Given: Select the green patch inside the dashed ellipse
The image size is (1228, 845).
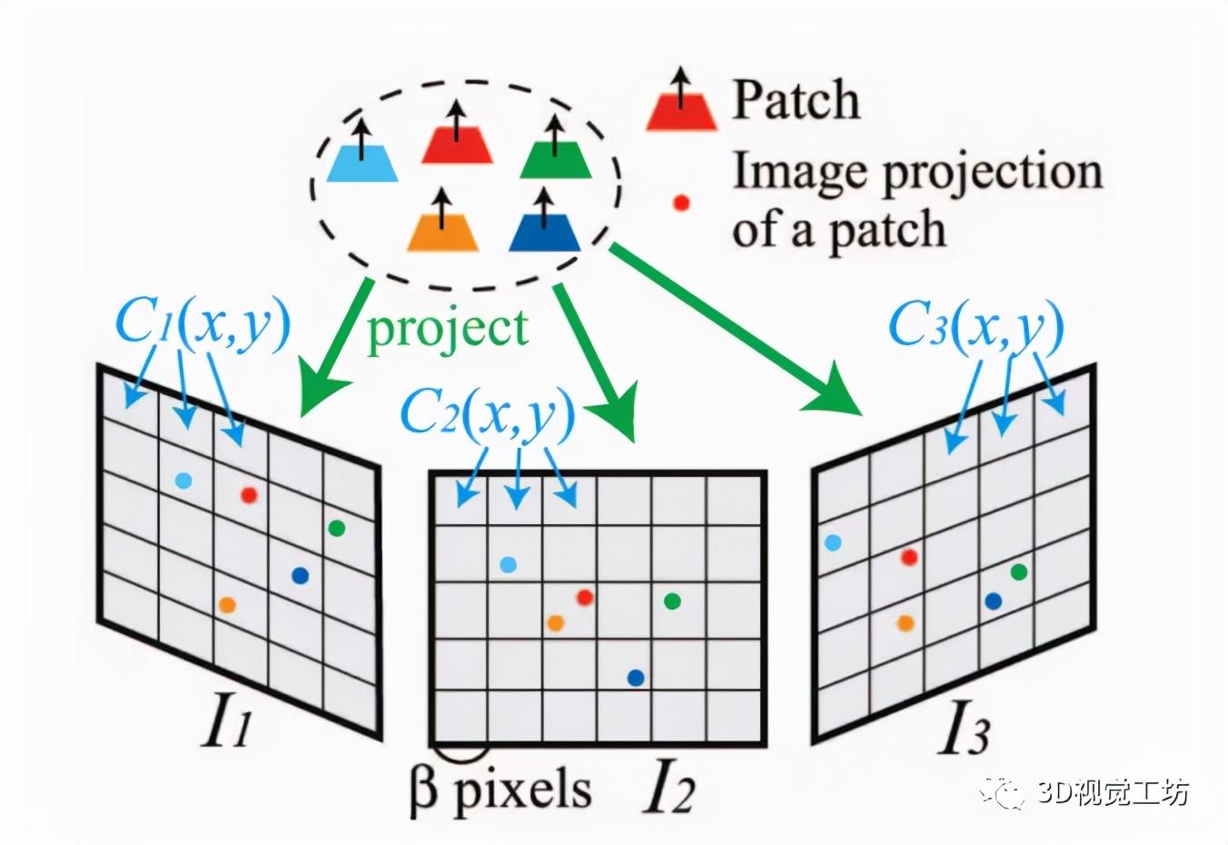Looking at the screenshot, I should click(556, 159).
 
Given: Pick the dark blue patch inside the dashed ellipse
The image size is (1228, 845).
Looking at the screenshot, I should click(544, 232).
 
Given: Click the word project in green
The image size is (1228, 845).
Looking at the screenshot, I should click(447, 326).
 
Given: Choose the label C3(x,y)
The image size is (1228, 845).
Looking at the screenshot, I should click(975, 324).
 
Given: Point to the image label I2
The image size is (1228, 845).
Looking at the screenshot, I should click(668, 791).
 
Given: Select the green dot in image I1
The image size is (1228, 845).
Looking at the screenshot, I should click(336, 528).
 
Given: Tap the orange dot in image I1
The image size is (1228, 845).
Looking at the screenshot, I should click(227, 604).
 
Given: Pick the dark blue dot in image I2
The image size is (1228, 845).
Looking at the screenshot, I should click(636, 677).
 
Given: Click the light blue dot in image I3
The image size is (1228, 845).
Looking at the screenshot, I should click(832, 543).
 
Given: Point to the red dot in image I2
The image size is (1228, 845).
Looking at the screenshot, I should click(585, 597).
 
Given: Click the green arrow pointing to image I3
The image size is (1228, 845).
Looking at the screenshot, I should click(736, 327).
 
